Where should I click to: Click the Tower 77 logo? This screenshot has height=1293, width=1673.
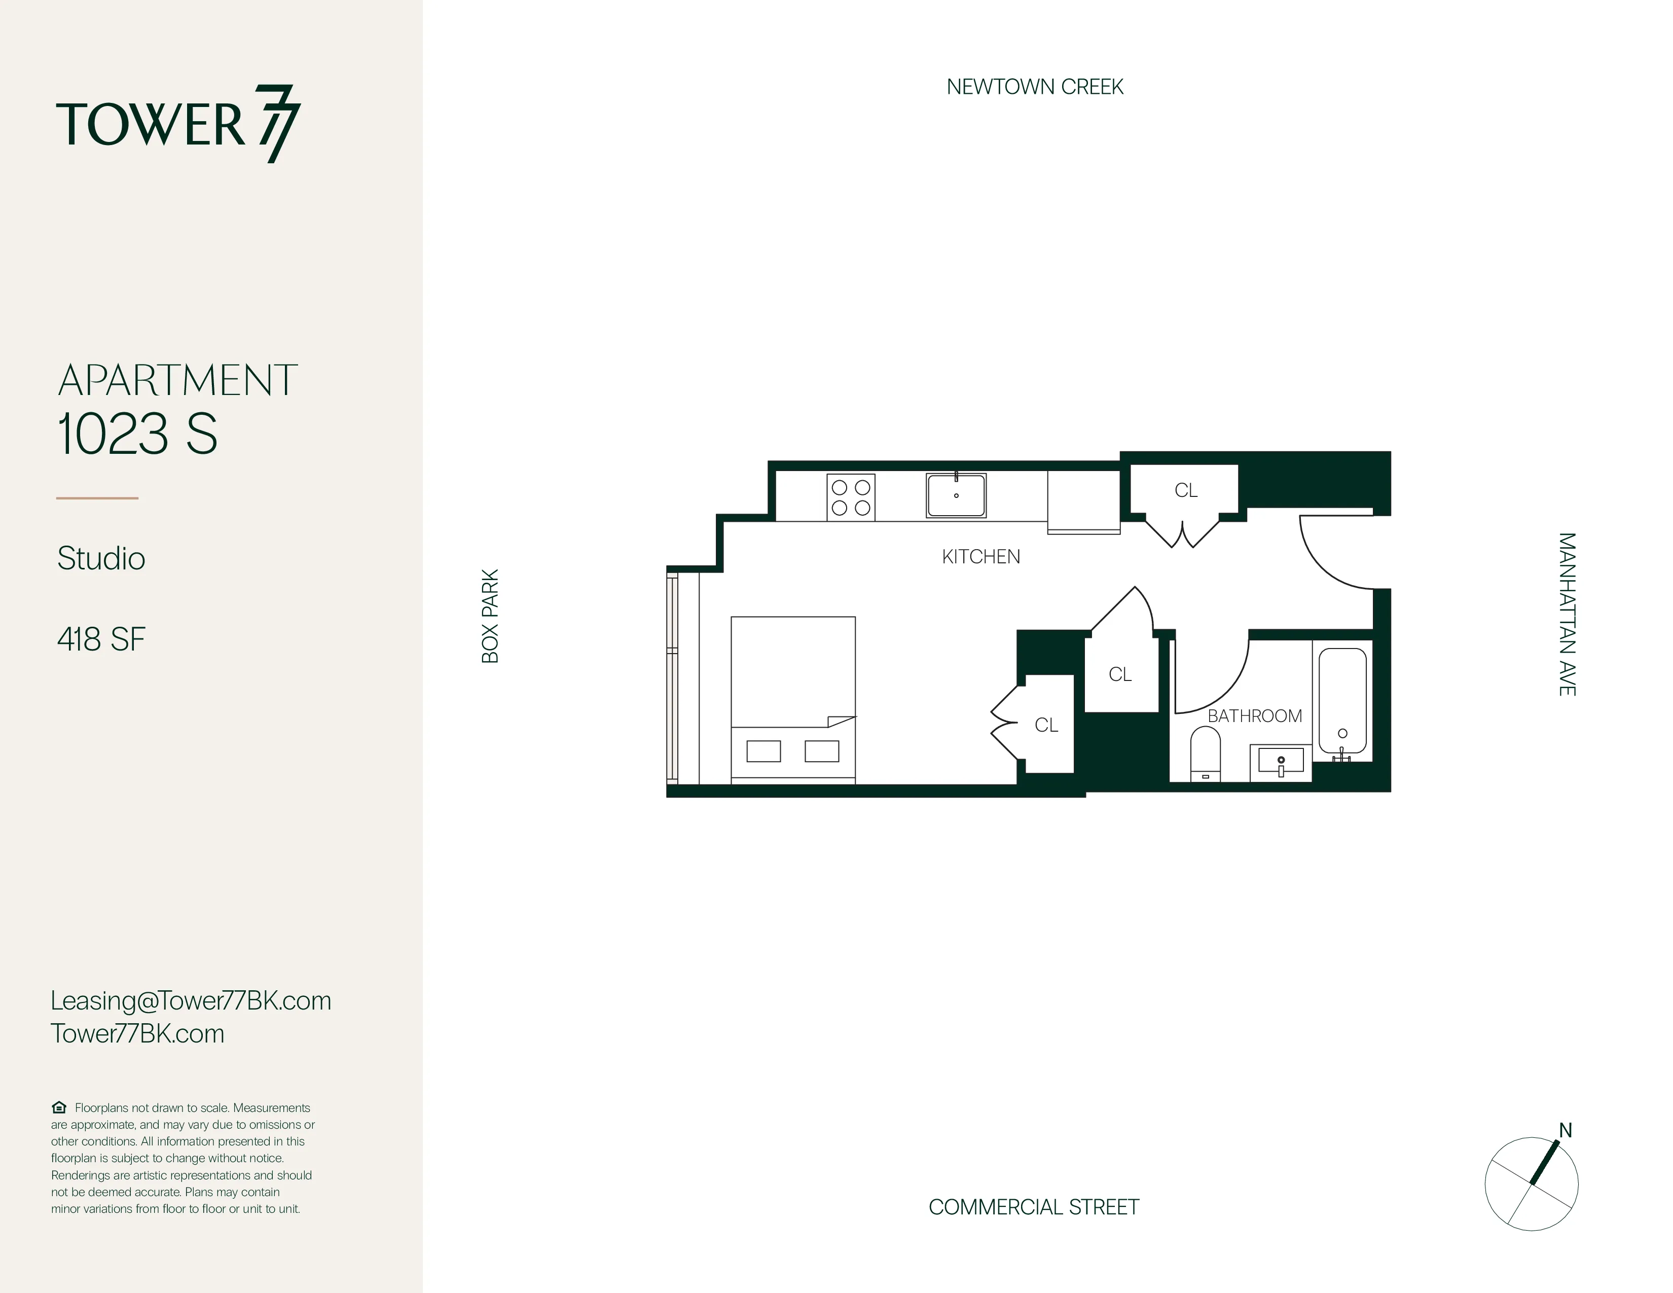pyautogui.click(x=178, y=124)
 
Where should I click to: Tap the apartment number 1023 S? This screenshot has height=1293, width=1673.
pyautogui.click(x=138, y=434)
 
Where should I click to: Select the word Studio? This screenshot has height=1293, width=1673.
pyautogui.click(x=101, y=558)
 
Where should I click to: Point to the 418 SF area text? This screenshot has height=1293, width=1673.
pyautogui.click(x=101, y=639)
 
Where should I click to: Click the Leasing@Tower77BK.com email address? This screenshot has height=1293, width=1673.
pyautogui.click(x=191, y=1000)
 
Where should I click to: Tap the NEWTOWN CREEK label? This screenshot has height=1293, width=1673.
pyautogui.click(x=1034, y=87)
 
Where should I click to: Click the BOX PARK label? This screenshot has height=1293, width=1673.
pyautogui.click(x=490, y=616)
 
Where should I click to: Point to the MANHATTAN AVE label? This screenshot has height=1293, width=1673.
pyautogui.click(x=1567, y=615)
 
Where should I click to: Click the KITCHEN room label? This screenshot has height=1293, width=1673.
pyautogui.click(x=980, y=557)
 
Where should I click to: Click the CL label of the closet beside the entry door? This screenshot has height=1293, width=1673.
pyautogui.click(x=1186, y=490)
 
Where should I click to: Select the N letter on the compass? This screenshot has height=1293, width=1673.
pyautogui.click(x=1565, y=1131)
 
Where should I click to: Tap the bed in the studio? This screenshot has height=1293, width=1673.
pyautogui.click(x=793, y=699)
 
